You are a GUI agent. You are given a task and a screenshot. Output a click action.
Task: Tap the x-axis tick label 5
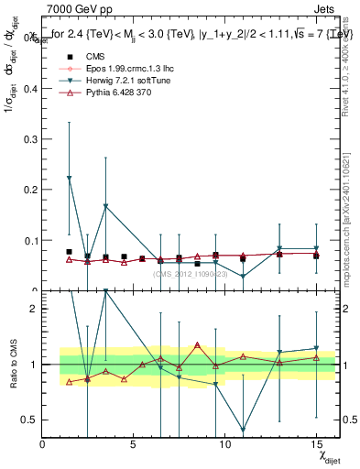[x=134, y=444]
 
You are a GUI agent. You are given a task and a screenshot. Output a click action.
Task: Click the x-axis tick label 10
[x=224, y=444]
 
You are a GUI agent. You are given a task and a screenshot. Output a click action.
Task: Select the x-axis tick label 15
[x=315, y=444]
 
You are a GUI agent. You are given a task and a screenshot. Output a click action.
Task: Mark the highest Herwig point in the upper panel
[x=70, y=178]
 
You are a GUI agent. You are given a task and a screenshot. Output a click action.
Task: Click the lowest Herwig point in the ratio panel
[x=243, y=429]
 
